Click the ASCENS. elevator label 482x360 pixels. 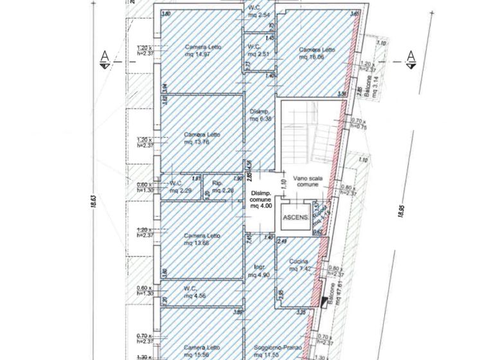(x=294, y=217)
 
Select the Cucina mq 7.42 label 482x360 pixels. (x=300, y=265)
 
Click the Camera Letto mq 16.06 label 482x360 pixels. (x=317, y=53)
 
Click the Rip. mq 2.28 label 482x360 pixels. (x=220, y=187)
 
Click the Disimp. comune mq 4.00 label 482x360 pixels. (x=261, y=200)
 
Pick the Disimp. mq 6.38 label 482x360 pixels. (x=260, y=115)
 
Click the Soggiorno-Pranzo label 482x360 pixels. (x=272, y=351)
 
